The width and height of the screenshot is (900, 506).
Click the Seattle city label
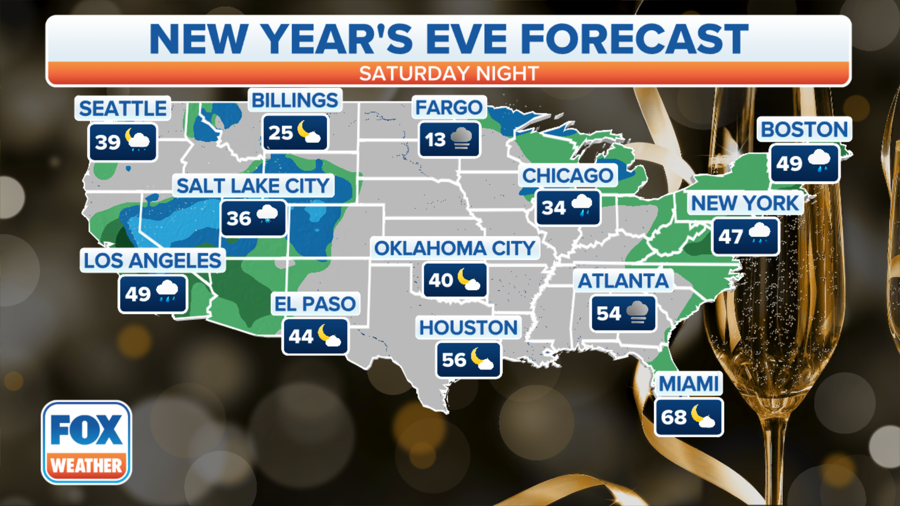[x=123, y=109]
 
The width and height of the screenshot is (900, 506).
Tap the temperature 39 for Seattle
[x=108, y=142]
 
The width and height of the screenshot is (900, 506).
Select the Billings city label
[x=295, y=100]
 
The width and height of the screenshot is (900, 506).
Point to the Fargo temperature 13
[x=435, y=140]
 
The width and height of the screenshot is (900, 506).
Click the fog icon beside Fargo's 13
[x=462, y=139]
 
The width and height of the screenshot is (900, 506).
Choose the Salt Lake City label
[x=253, y=186]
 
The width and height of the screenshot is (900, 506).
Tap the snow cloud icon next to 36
[x=267, y=215]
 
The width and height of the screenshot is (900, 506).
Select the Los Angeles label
[x=152, y=261]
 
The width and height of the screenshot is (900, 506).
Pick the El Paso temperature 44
[x=300, y=336]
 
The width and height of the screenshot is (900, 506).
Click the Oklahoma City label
[x=455, y=248]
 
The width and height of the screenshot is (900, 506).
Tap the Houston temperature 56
[x=454, y=360]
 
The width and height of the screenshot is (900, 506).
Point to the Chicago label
[x=568, y=176]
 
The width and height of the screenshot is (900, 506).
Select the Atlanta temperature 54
[x=608, y=313]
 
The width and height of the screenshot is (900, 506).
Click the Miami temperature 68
[x=674, y=417]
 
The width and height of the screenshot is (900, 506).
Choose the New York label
[x=745, y=203]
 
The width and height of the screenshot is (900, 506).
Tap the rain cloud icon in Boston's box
[x=819, y=160]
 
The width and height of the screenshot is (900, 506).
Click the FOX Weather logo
[x=86, y=442]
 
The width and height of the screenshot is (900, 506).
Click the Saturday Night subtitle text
[x=449, y=74]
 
